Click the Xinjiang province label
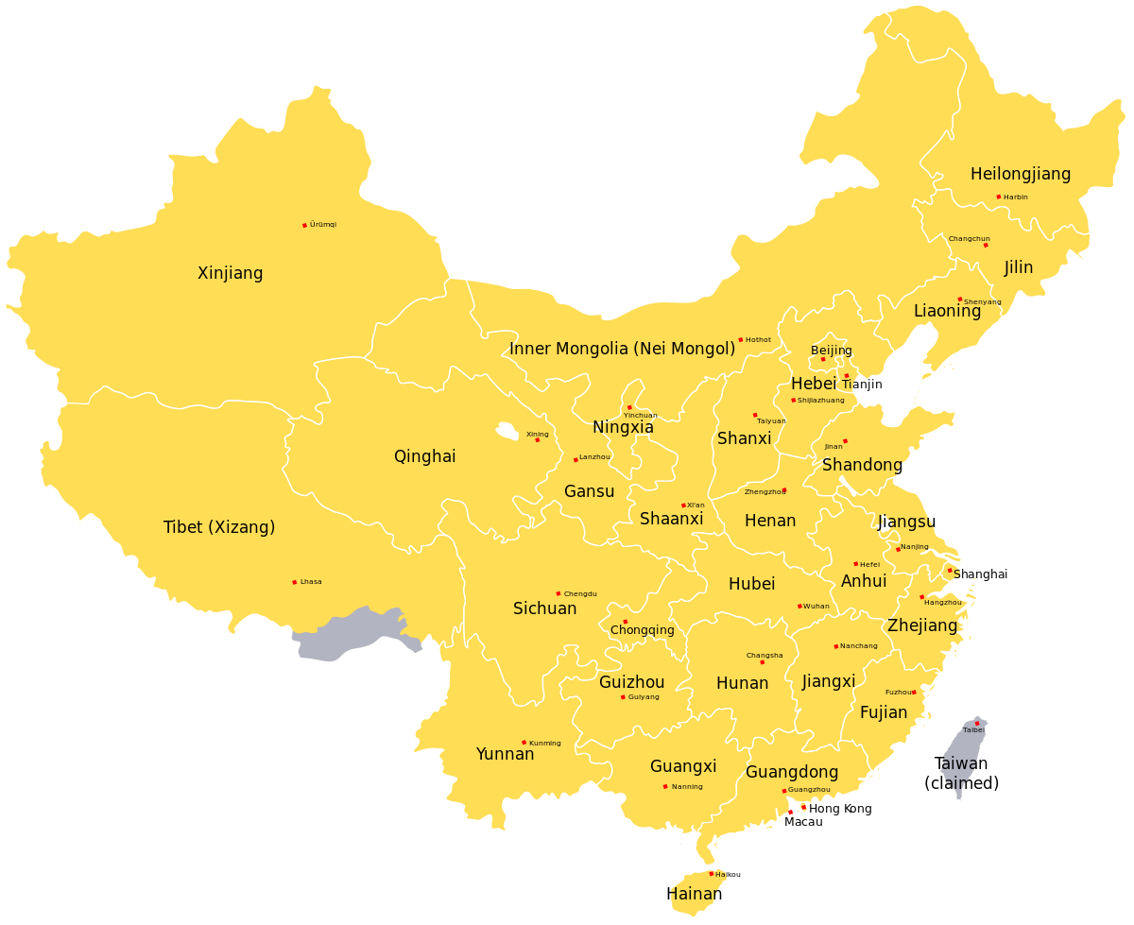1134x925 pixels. point(231,273)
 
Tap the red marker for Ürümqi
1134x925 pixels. point(304,225)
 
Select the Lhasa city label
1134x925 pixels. point(311,582)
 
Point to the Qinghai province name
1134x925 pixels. point(424,456)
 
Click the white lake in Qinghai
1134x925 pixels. point(507,432)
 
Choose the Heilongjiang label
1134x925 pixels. point(1021,174)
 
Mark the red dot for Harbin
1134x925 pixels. point(998,197)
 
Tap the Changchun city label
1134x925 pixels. point(969,239)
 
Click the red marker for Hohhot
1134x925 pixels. point(740,339)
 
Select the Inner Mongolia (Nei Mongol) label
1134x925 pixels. point(622,349)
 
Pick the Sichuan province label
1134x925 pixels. point(544,608)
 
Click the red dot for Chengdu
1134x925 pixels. point(558,593)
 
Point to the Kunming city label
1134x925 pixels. point(545,744)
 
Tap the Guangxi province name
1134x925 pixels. point(683,766)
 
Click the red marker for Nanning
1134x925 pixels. point(664,786)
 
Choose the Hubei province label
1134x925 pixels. point(751,584)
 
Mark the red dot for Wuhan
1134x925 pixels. point(799,606)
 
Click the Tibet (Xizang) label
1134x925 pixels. point(219,527)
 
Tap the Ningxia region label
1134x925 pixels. point(623,427)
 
